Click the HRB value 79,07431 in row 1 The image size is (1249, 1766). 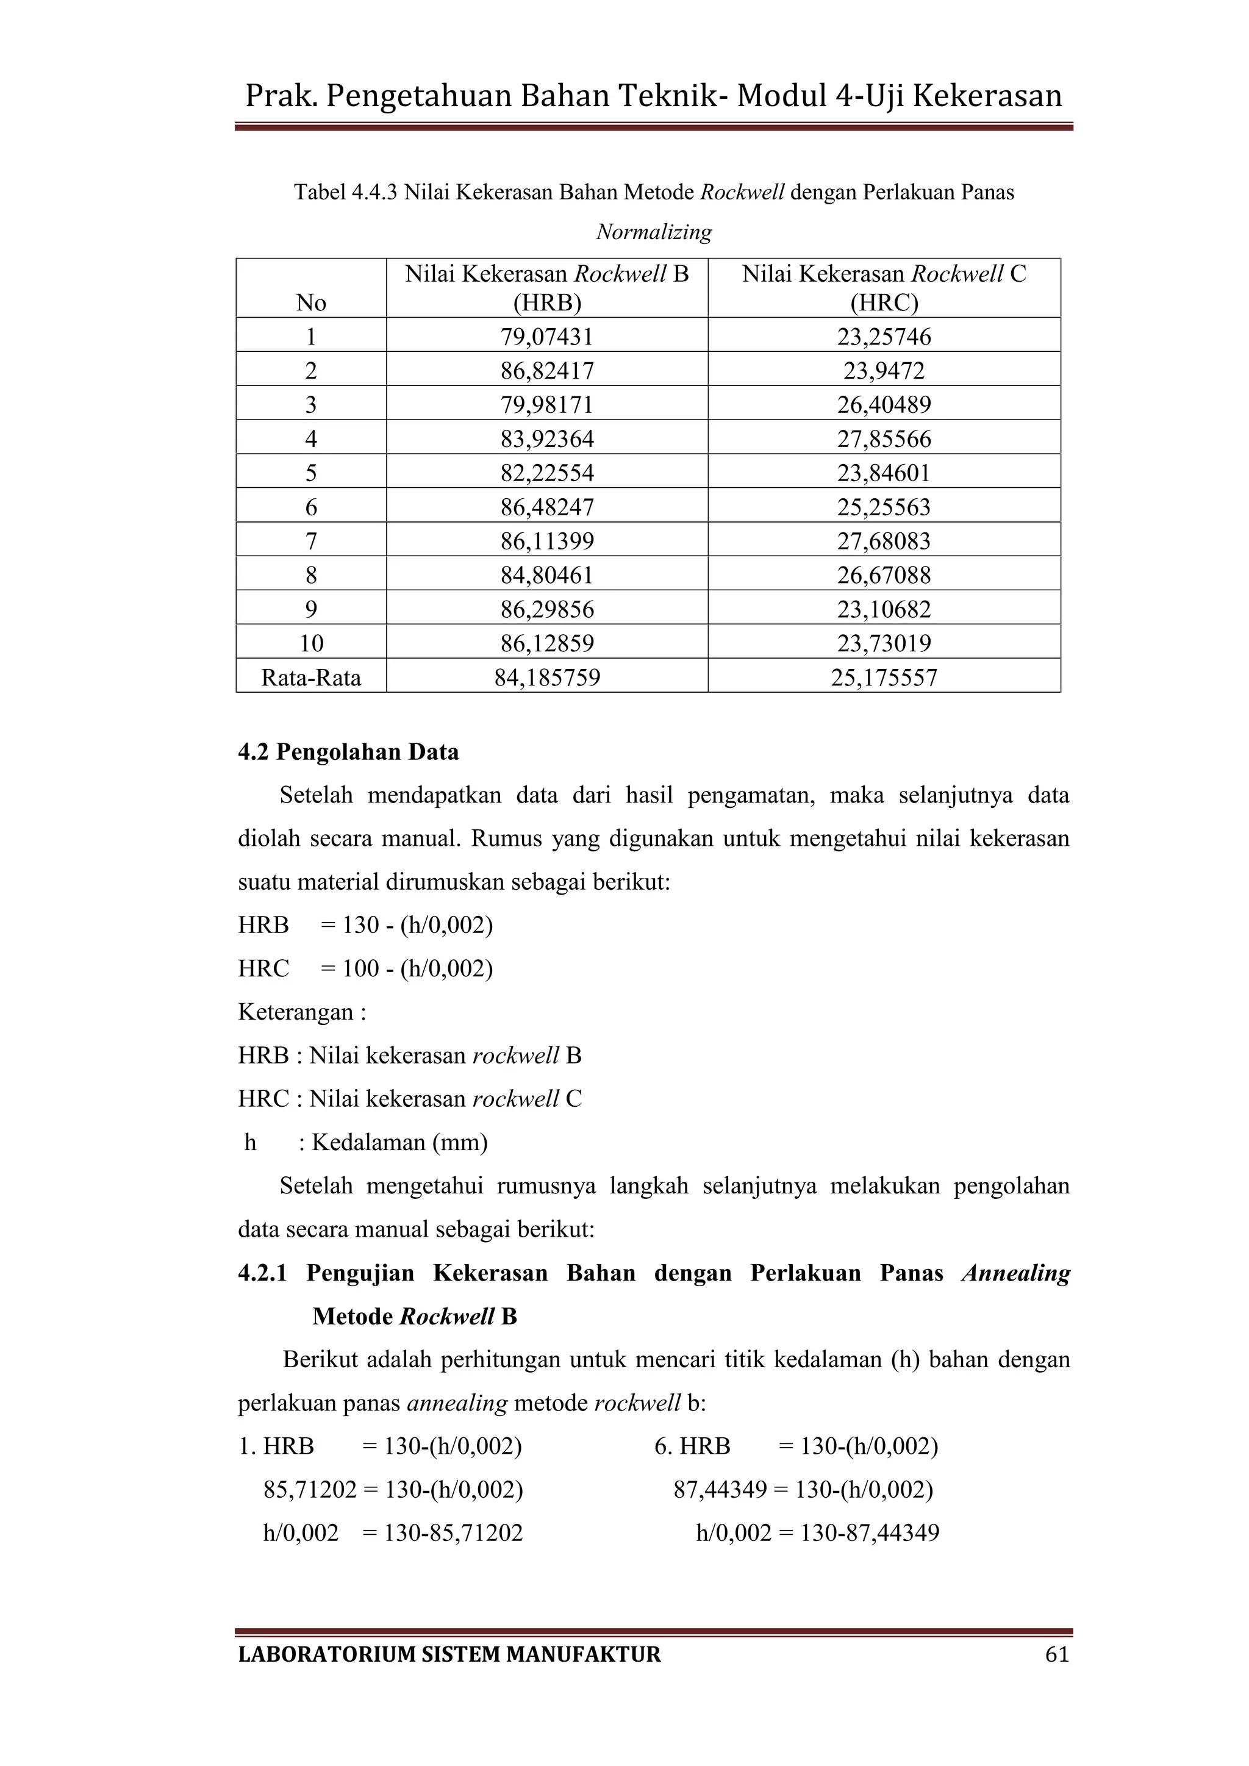(547, 337)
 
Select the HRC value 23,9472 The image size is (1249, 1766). (884, 371)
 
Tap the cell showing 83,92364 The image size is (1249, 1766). (547, 439)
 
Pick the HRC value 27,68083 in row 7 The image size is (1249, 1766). (884, 542)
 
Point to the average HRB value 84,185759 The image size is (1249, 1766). (547, 677)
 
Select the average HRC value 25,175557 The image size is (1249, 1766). (884, 677)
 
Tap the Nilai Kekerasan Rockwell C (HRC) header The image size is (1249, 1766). (884, 288)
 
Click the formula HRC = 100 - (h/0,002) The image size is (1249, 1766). (365, 968)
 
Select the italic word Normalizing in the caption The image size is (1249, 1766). (654, 232)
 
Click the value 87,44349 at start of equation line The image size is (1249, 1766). (720, 1490)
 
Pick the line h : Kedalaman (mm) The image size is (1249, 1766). (365, 1142)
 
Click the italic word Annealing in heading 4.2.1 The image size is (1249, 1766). (1015, 1273)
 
